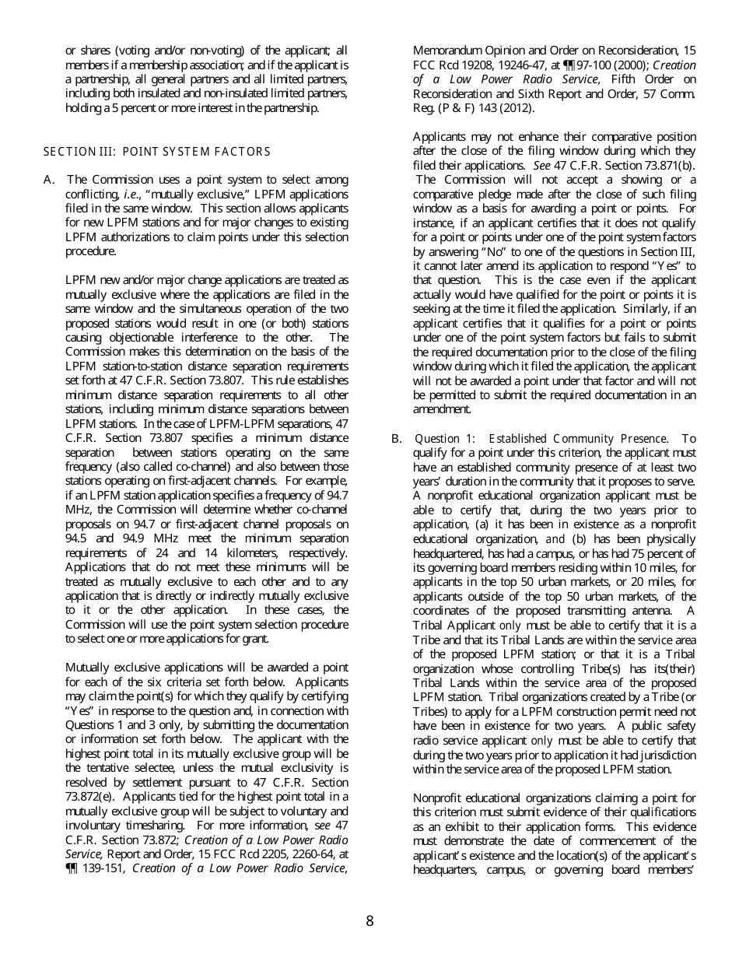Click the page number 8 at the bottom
click(369, 921)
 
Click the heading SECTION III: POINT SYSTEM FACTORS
click(157, 152)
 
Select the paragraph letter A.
click(49, 180)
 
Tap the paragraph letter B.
click(397, 439)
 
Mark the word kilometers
click(257, 553)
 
